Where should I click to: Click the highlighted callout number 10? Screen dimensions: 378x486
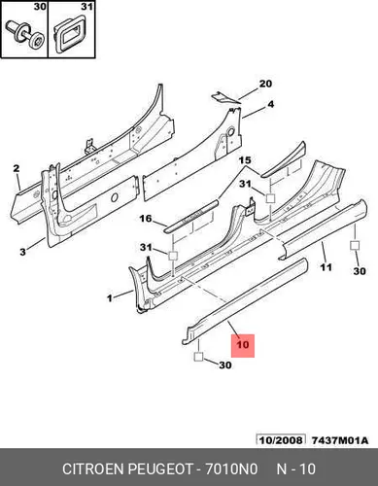[x=243, y=344]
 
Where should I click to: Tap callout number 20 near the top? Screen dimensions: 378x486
[x=265, y=84]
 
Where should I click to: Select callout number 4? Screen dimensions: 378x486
[x=270, y=104]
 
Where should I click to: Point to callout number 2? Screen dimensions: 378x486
[x=17, y=168]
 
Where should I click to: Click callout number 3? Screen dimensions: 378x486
[x=22, y=252]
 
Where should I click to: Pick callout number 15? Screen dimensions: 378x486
[x=245, y=160]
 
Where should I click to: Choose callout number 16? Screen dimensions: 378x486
[x=146, y=219]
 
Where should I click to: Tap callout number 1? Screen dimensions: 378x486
[x=110, y=297]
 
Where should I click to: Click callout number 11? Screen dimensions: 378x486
[x=326, y=267]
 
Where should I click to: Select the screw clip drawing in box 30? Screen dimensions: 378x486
[x=25, y=38]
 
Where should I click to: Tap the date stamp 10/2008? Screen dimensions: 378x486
[x=281, y=440]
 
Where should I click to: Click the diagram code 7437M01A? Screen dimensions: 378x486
[x=340, y=440]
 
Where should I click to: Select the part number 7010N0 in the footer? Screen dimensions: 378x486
[x=231, y=469]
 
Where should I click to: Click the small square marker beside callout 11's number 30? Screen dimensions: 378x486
[x=355, y=245]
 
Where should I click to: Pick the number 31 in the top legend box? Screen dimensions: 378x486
[x=86, y=7]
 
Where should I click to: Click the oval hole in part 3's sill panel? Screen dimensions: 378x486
[x=114, y=197]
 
